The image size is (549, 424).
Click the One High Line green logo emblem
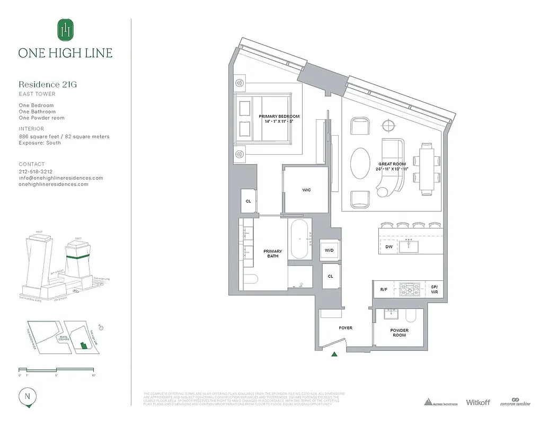(x=65, y=29)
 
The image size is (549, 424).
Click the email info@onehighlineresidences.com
(x=60, y=178)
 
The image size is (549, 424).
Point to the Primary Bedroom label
(x=279, y=119)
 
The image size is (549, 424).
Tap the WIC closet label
(x=306, y=190)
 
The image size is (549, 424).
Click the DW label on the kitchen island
(x=388, y=246)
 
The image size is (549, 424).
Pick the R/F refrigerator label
(x=384, y=289)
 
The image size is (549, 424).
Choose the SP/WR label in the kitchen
(x=435, y=289)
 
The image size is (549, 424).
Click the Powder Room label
(x=399, y=333)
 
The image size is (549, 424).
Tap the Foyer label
(x=346, y=328)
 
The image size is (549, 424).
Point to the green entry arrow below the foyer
(x=334, y=355)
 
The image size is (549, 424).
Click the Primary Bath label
(x=273, y=254)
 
